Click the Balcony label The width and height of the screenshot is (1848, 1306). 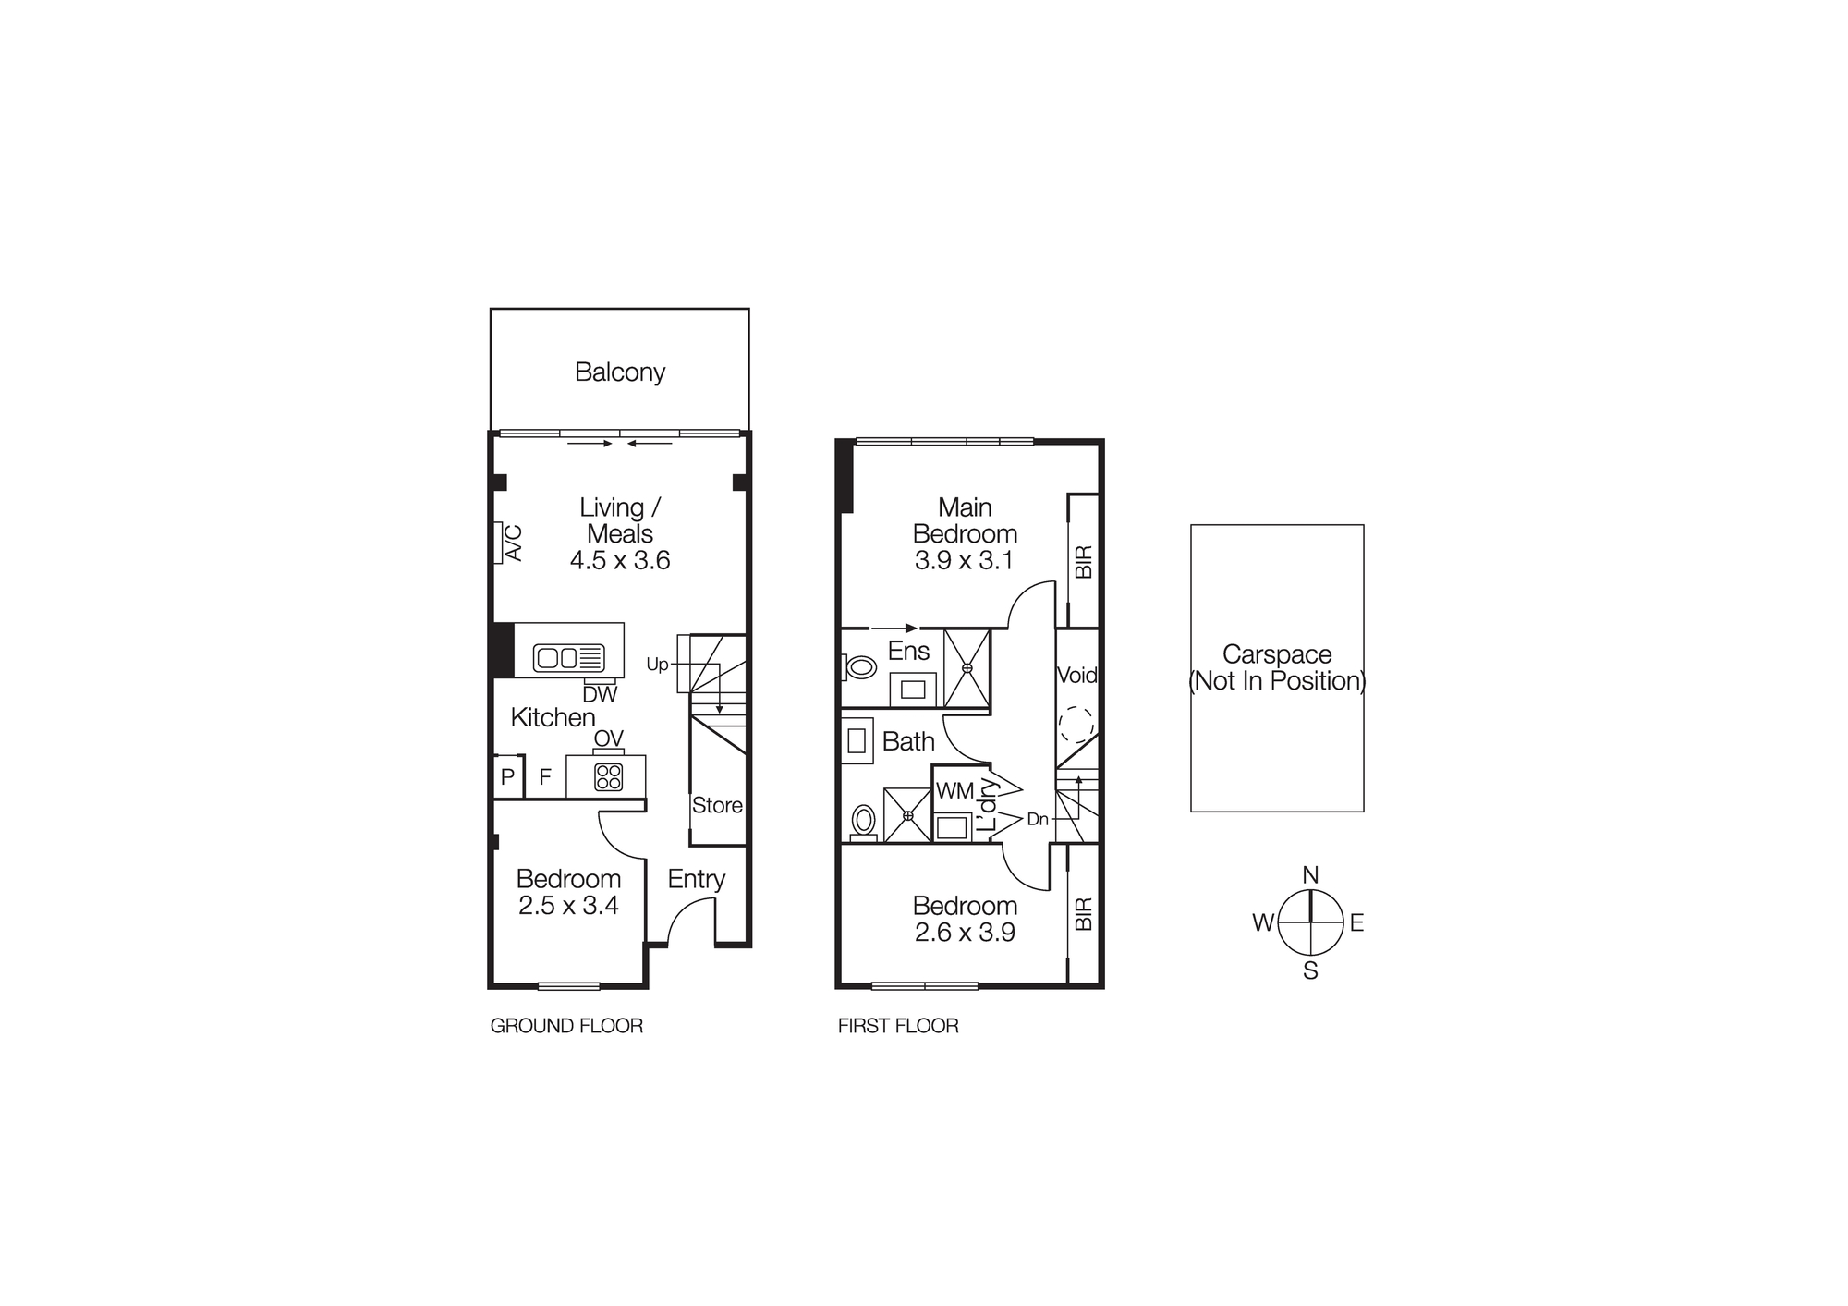tap(619, 372)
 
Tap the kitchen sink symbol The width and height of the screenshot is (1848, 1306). tap(568, 658)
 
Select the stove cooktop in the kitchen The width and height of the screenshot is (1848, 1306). tap(608, 776)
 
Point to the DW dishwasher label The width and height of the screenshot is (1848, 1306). tap(600, 694)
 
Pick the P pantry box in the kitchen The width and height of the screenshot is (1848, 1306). tap(507, 777)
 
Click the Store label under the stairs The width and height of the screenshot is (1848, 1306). tap(717, 805)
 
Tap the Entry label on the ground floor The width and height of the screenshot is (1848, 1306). tap(696, 879)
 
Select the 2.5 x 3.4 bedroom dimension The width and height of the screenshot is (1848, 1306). tap(568, 906)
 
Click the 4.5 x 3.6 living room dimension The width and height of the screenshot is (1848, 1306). tap(619, 560)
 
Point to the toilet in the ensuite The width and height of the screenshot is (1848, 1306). tap(860, 666)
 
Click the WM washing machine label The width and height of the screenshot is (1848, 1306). tap(954, 791)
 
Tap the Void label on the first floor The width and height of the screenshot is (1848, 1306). tap(1076, 676)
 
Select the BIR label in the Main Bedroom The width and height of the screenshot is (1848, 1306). tap(1084, 562)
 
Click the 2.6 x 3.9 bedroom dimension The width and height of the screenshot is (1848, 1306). tap(965, 933)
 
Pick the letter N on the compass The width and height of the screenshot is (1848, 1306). tap(1310, 875)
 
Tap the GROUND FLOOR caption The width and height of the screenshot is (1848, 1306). tap(566, 1026)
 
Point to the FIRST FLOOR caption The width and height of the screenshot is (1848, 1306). tap(898, 1026)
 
